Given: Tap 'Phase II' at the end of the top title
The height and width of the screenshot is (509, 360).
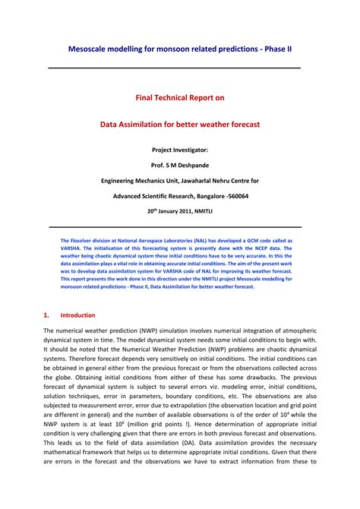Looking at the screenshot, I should tap(281, 49).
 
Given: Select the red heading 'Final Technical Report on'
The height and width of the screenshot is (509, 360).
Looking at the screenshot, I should tap(179, 98).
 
